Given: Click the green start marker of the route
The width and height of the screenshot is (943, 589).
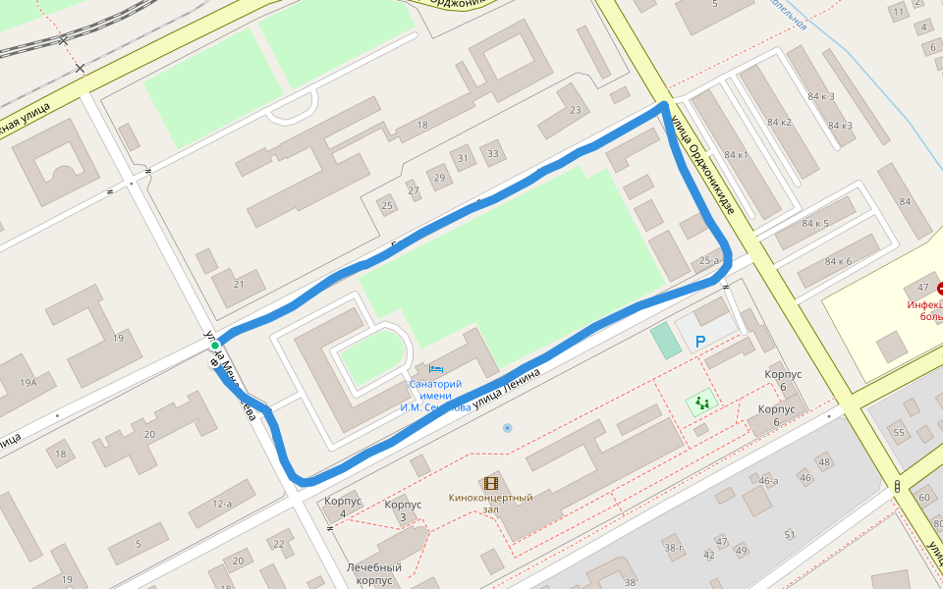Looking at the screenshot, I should click(x=214, y=346).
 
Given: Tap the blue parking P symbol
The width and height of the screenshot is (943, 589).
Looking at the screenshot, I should click(x=700, y=342).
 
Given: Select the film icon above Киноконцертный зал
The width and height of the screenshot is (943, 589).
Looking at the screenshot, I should click(x=490, y=483).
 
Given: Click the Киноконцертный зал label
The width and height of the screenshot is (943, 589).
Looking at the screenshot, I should click(x=490, y=504).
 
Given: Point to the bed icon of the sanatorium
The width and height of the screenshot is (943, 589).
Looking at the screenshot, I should click(x=436, y=368).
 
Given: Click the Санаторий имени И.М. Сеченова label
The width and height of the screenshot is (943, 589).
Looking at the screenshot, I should click(x=434, y=396).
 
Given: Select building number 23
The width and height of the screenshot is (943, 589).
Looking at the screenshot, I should click(x=575, y=109).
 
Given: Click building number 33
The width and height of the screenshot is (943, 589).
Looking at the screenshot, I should click(x=492, y=153).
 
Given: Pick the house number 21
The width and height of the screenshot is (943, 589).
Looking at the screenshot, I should click(x=239, y=284).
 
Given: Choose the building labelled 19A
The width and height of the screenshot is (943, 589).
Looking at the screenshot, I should click(x=28, y=383).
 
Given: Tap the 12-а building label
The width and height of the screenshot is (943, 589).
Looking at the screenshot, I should click(x=222, y=504).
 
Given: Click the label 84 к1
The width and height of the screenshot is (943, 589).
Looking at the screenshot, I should click(x=736, y=155).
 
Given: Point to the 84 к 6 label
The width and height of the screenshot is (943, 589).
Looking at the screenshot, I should click(x=838, y=261).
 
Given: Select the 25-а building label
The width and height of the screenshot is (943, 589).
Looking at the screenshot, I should click(x=709, y=260).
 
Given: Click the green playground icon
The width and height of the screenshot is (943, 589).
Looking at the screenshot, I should click(x=701, y=402).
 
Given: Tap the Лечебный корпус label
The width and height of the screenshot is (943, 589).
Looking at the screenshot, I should click(x=373, y=573).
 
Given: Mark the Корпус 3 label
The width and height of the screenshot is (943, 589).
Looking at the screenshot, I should click(x=403, y=510).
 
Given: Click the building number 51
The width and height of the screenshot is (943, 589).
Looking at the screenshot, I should click(x=789, y=535).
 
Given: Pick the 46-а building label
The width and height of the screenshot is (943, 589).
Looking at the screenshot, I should click(x=768, y=480).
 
